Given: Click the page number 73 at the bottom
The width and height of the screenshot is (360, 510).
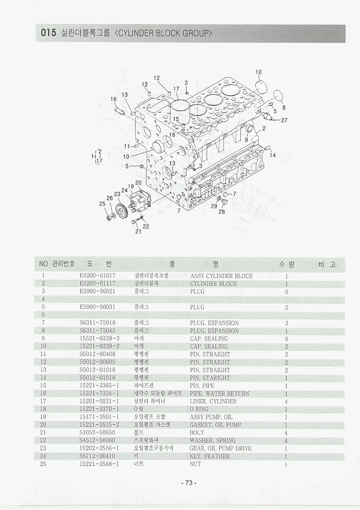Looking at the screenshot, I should click(188, 483).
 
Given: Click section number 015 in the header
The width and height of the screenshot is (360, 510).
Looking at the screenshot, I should click(48, 33).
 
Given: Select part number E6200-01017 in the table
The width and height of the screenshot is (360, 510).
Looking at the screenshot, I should click(98, 276).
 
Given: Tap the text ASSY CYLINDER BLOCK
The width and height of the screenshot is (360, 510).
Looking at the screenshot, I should click(221, 276).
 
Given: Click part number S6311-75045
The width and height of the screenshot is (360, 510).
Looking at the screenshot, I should click(98, 331).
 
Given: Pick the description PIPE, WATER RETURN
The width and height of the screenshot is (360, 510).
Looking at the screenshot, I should click(219, 393).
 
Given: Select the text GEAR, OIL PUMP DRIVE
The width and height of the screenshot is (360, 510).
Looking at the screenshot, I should click(220, 448).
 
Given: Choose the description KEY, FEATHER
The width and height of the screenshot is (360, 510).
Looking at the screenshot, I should click(209, 456).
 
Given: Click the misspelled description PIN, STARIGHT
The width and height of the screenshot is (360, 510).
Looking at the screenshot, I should click(209, 378).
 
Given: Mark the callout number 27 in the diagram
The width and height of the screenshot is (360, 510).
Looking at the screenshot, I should click(284, 120).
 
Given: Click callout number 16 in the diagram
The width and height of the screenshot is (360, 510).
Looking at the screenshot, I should click(114, 99).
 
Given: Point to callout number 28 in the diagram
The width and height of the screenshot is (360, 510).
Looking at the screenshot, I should click(222, 211).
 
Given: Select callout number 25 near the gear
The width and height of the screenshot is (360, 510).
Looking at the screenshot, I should click(102, 204).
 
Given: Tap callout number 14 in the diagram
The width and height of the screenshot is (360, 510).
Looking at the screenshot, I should click(273, 155).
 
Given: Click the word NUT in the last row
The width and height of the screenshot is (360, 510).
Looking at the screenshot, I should click(195, 464).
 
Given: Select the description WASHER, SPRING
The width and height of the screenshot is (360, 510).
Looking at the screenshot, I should click(212, 440).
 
